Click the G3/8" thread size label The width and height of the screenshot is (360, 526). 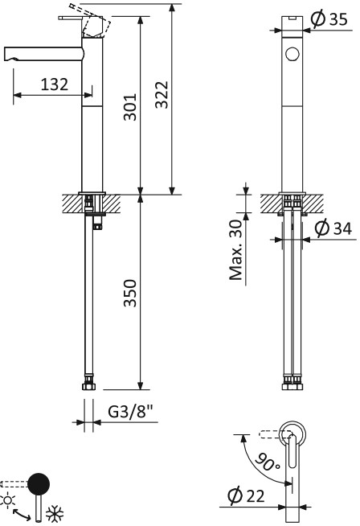[x=130, y=411]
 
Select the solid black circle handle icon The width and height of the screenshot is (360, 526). [x=38, y=484]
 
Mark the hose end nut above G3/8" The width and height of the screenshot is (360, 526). [x=89, y=388]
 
